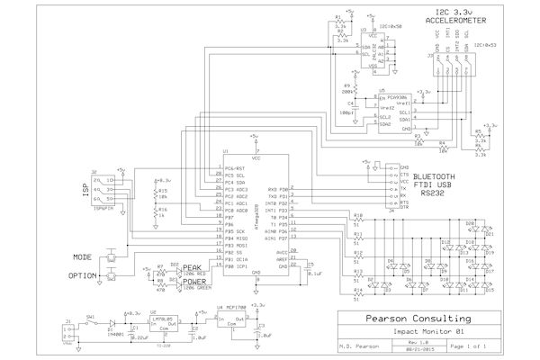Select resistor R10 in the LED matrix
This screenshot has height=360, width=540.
357,220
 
